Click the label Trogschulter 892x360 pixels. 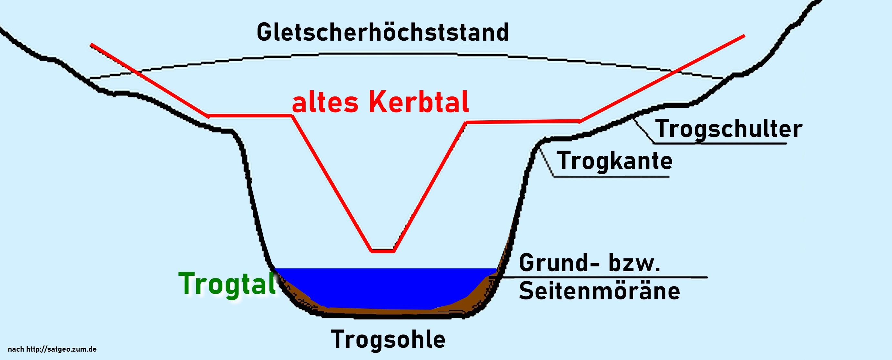pyautogui.click(x=729, y=129)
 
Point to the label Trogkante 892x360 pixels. pyautogui.click(x=615, y=161)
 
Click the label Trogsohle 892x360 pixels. pyautogui.click(x=388, y=339)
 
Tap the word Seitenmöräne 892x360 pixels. pyautogui.click(x=599, y=291)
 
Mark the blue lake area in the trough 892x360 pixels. pyautogui.click(x=384, y=287)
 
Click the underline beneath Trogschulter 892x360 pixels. pyautogui.click(x=720, y=143)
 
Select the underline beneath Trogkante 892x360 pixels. pyautogui.click(x=611, y=177)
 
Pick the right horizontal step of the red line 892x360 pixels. pyautogui.click(x=523, y=122)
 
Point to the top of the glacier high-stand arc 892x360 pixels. pyautogui.click(x=384, y=54)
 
